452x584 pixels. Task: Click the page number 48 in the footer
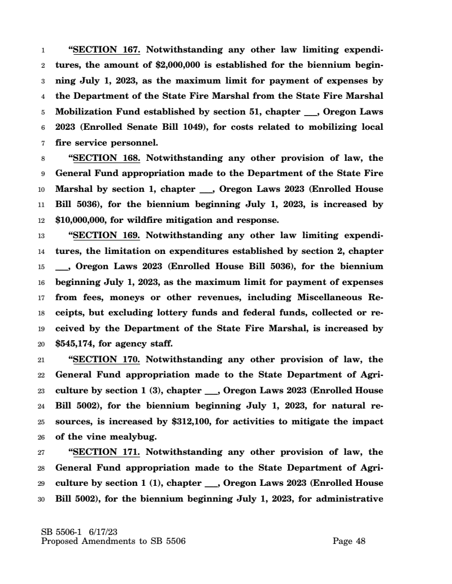tap(360, 542)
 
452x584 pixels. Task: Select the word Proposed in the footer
tap(62, 542)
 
